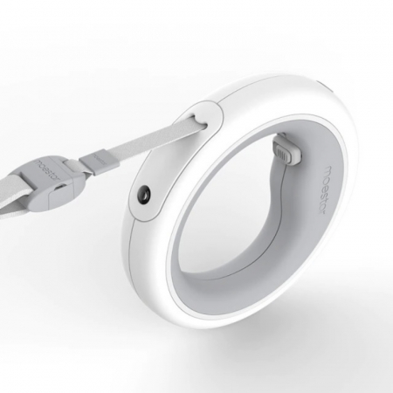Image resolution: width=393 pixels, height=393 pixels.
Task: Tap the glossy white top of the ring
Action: (262, 92)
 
